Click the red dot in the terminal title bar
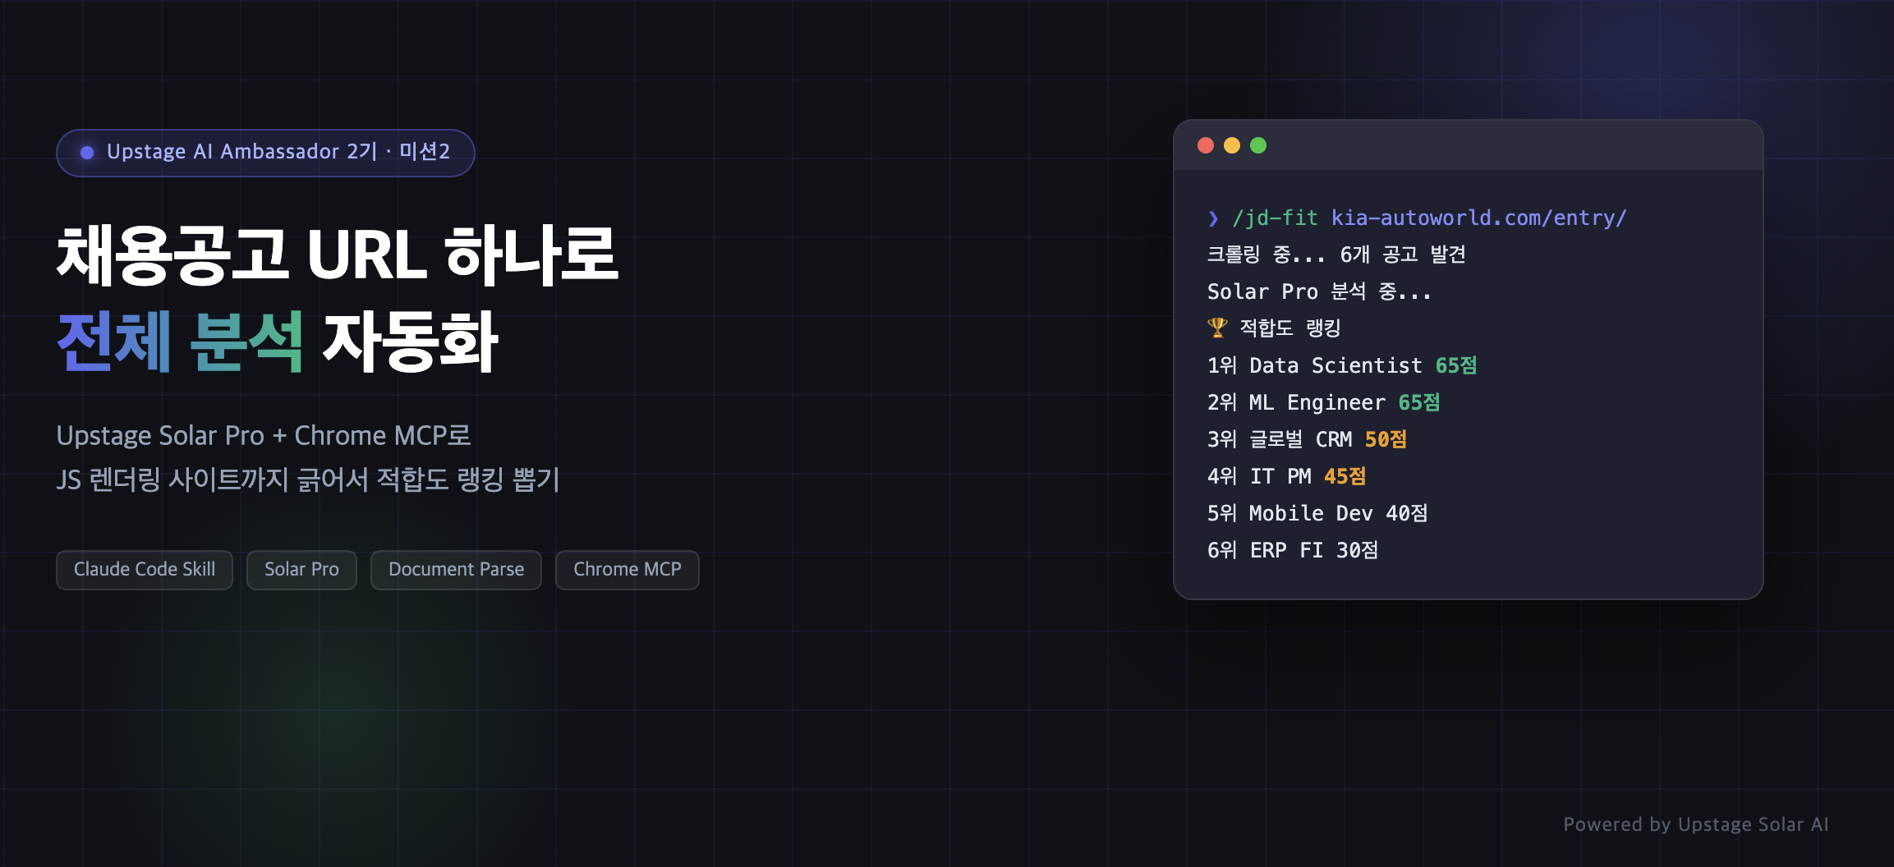1206,145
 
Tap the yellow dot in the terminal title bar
1232,145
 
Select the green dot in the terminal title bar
1258,145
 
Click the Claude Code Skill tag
145,570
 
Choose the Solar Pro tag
301,570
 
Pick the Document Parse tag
456,570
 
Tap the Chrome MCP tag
628,570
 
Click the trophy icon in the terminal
1217,328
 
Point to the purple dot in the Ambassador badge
87,153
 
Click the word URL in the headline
367,255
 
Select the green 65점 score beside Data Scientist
1456,365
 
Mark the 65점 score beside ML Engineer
1419,402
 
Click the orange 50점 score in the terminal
1386,439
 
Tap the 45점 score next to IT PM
1345,476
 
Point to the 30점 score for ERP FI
1357,550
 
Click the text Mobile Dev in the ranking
1311,513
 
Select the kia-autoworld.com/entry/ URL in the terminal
1478,218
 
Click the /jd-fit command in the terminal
1275,218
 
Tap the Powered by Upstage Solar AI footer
1696,824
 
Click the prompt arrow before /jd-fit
1213,218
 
